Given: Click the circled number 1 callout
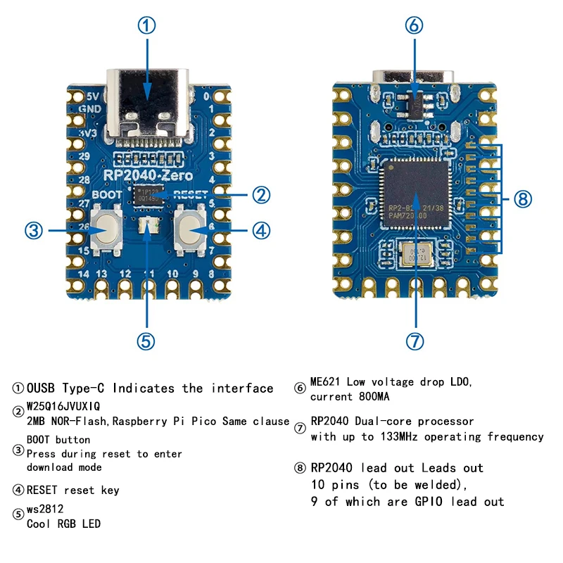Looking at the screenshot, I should (146, 26).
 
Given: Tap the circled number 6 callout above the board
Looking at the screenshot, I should (415, 26).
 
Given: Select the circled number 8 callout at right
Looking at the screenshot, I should (521, 199).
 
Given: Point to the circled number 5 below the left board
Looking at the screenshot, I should (146, 341).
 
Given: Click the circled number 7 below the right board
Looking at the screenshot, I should (415, 341).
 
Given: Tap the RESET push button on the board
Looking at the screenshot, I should (189, 229).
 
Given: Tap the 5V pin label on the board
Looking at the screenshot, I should (92, 96).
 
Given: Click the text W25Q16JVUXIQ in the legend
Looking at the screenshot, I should (63, 406).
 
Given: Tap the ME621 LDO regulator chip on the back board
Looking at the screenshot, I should (415, 103).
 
